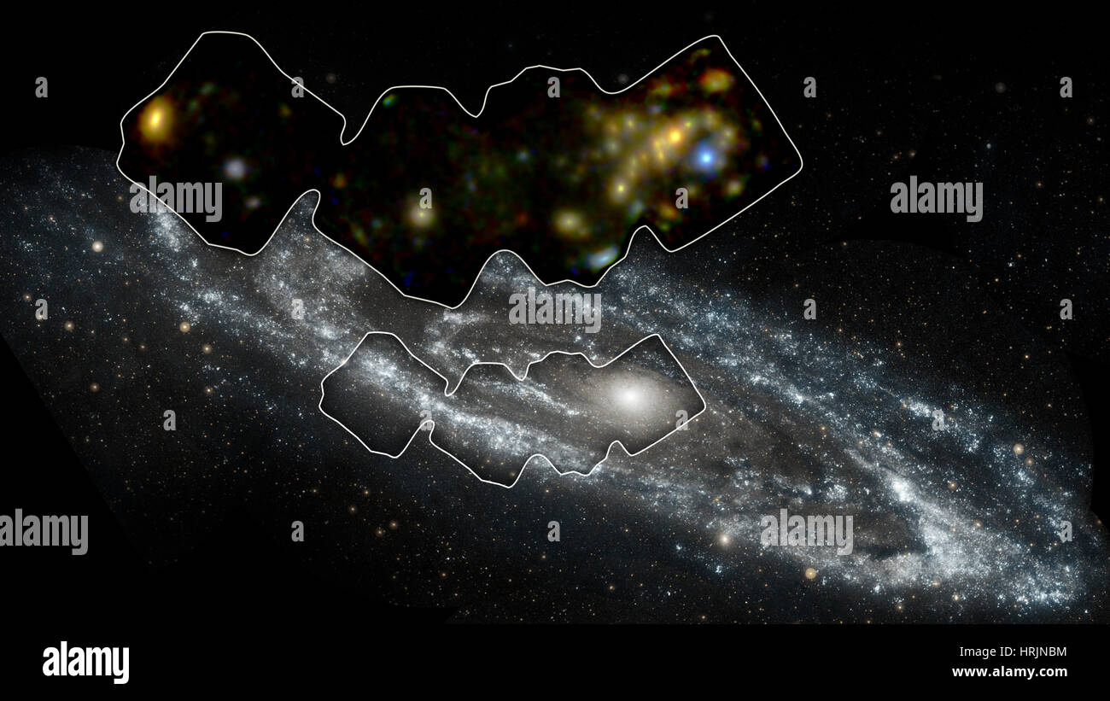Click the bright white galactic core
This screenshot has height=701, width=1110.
pyautogui.click(x=630, y=396)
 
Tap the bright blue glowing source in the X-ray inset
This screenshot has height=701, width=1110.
pyautogui.click(x=705, y=155)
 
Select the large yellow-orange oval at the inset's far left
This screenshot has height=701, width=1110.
pyautogui.click(x=155, y=120)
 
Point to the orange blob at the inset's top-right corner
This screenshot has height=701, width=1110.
pyautogui.click(x=716, y=81)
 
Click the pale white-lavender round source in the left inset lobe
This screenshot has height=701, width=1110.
pyautogui.click(x=235, y=168)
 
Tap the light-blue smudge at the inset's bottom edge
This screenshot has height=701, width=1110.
pyautogui.click(x=603, y=256)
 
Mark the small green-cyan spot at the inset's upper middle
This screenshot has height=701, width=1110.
pyautogui.click(x=389, y=100)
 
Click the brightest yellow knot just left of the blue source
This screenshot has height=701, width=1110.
pyautogui.click(x=674, y=136)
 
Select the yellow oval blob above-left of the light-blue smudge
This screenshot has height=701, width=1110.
pyautogui.click(x=568, y=224)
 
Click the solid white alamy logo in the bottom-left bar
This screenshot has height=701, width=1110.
pyautogui.click(x=85, y=662)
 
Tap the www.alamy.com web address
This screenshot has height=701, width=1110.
pyautogui.click(x=1009, y=672)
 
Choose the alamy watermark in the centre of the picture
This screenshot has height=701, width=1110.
pyautogui.click(x=555, y=309)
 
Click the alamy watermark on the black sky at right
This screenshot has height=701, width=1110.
pyautogui.click(x=936, y=199)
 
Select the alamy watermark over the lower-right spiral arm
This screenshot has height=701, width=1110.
pyautogui.click(x=806, y=532)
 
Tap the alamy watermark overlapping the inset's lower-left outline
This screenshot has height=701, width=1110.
pyautogui.click(x=176, y=199)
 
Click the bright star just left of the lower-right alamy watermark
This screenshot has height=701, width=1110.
pyautogui.click(x=725, y=540)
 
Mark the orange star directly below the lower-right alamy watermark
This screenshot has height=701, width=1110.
pyautogui.click(x=809, y=573)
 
